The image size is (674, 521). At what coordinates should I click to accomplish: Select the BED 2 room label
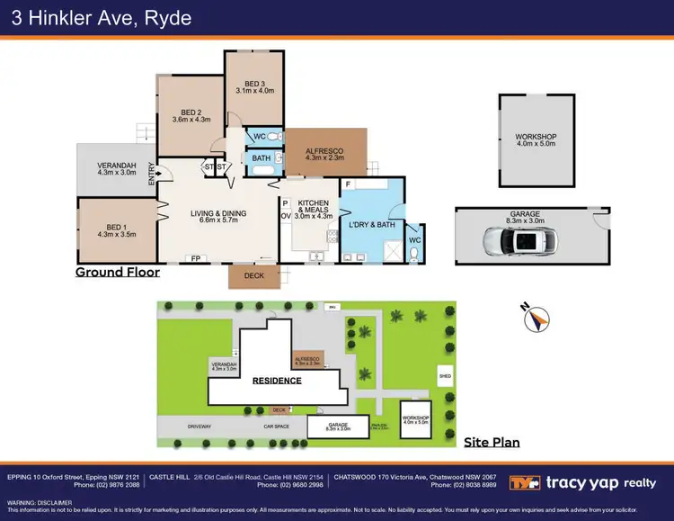click(190, 114)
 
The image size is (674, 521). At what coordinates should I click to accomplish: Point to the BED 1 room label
click(116, 229)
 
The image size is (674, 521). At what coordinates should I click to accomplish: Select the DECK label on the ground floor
click(254, 275)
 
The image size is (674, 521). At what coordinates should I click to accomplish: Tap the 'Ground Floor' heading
click(117, 272)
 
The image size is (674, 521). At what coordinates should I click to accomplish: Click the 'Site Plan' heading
click(491, 442)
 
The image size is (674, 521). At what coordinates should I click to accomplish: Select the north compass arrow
click(537, 319)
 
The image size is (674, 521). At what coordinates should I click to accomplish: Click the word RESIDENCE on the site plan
click(276, 380)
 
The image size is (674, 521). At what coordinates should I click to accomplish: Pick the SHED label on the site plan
click(443, 375)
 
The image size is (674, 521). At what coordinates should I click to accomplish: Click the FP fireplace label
click(194, 259)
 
